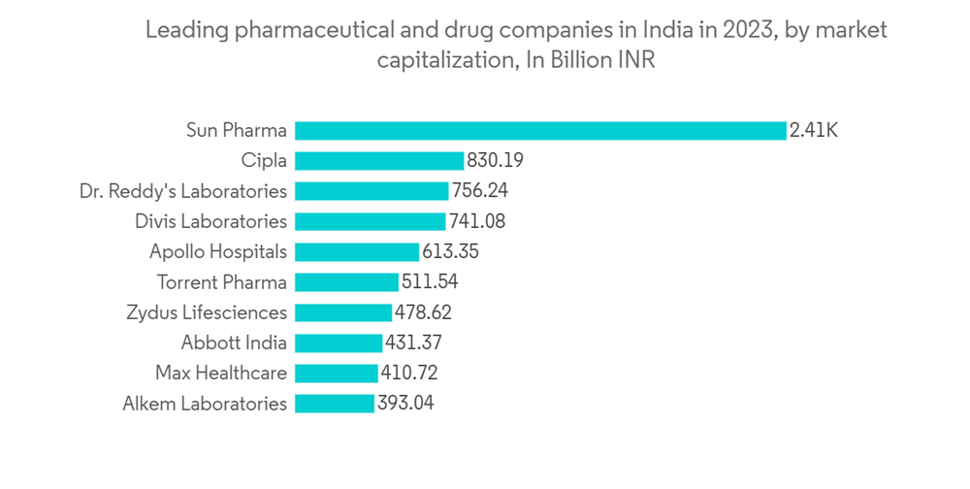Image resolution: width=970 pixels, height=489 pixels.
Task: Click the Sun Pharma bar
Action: click(x=540, y=130)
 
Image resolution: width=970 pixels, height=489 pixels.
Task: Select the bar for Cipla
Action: click(x=379, y=160)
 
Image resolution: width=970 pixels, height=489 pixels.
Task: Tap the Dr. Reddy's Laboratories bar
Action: click(x=372, y=191)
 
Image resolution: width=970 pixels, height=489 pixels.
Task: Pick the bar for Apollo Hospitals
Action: click(x=357, y=251)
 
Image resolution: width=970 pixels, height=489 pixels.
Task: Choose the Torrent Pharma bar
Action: click(x=346, y=282)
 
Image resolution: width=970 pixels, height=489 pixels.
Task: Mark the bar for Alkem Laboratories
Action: click(x=334, y=403)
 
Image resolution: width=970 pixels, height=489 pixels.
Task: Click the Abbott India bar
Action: click(x=339, y=342)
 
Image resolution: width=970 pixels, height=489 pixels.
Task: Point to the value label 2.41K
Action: click(x=814, y=130)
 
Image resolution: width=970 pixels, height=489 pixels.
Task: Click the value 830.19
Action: click(x=495, y=160)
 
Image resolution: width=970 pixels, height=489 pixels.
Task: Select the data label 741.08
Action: click(x=477, y=221)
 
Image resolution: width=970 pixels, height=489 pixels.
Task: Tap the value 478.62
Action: click(x=423, y=312)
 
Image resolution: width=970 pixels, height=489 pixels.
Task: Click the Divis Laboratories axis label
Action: click(x=210, y=221)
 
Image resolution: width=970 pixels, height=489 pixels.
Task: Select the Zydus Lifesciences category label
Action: click(x=207, y=312)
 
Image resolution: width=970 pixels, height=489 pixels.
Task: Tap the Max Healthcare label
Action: click(x=221, y=373)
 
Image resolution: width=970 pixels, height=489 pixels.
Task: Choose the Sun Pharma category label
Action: click(x=237, y=130)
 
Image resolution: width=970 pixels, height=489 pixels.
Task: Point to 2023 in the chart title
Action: click(x=743, y=30)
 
